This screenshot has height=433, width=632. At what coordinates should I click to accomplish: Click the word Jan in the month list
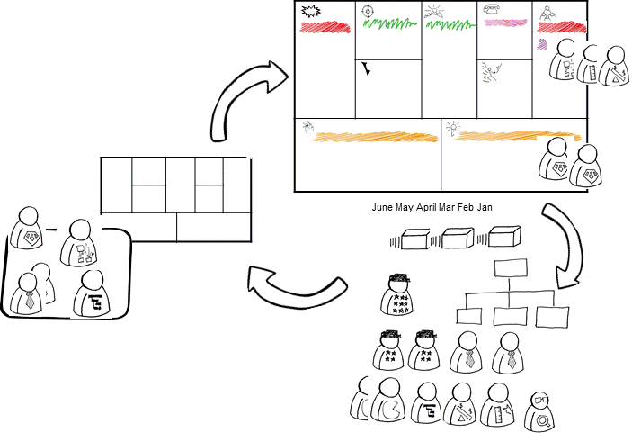pos(485,208)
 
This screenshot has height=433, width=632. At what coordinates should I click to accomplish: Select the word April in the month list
pos(428,208)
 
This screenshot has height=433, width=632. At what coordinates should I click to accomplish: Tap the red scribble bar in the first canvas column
pos(325,27)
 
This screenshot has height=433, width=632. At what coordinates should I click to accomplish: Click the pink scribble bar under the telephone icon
pos(504,23)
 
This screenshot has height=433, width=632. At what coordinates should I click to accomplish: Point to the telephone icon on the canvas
pos(493,9)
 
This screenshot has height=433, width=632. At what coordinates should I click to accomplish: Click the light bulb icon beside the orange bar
pos(453,127)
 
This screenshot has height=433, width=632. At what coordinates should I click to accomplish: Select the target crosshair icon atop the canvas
pos(367,11)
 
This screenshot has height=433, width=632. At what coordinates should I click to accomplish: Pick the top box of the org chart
pos(512,268)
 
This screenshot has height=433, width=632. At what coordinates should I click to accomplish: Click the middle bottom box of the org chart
pos(511,316)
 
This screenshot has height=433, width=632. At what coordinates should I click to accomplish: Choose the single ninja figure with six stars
pos(396,294)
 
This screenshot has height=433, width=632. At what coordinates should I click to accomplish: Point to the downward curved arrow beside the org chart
pos(572,239)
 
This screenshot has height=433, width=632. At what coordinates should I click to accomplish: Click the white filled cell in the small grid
pos(139,227)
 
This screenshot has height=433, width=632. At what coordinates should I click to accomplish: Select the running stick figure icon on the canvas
pos(490,72)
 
